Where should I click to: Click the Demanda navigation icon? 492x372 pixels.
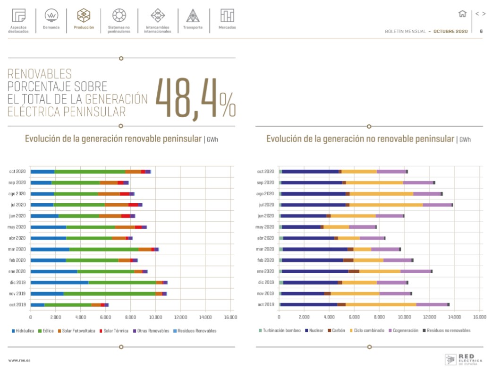[x=51, y=16]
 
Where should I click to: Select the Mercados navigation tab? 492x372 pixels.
[x=227, y=16]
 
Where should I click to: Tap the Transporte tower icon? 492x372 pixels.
[x=193, y=16]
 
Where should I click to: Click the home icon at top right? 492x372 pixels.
[x=462, y=14]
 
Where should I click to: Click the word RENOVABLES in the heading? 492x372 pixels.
[x=40, y=74]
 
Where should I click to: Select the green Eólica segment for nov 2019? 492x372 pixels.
[x=110, y=294]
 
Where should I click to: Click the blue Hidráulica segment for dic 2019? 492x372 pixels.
[x=59, y=282]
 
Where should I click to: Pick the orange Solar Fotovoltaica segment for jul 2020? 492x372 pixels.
[x=117, y=205]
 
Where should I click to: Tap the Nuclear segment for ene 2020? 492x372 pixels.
[x=314, y=271]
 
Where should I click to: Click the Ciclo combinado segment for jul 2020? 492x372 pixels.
[x=386, y=205]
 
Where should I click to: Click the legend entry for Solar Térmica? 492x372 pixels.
[x=115, y=331]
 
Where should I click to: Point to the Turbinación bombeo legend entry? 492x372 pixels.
[x=281, y=331]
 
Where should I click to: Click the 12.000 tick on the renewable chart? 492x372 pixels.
[x=180, y=317]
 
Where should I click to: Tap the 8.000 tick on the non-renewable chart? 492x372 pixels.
[x=379, y=317]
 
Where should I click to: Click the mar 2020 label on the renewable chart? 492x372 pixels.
[x=17, y=249]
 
